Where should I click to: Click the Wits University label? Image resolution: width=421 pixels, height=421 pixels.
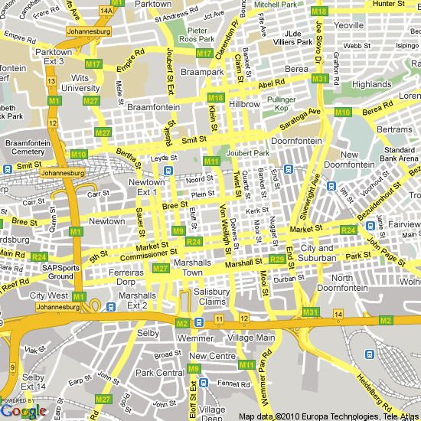click(x=80, y=83)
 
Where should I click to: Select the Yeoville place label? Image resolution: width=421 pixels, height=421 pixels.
click(x=349, y=25)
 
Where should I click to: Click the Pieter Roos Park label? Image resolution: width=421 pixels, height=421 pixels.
click(x=196, y=34)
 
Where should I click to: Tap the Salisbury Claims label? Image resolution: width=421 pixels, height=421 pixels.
click(x=211, y=297)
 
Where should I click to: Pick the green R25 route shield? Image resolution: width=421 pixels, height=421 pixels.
click(x=277, y=260)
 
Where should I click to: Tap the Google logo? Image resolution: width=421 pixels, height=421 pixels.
click(x=24, y=411)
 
